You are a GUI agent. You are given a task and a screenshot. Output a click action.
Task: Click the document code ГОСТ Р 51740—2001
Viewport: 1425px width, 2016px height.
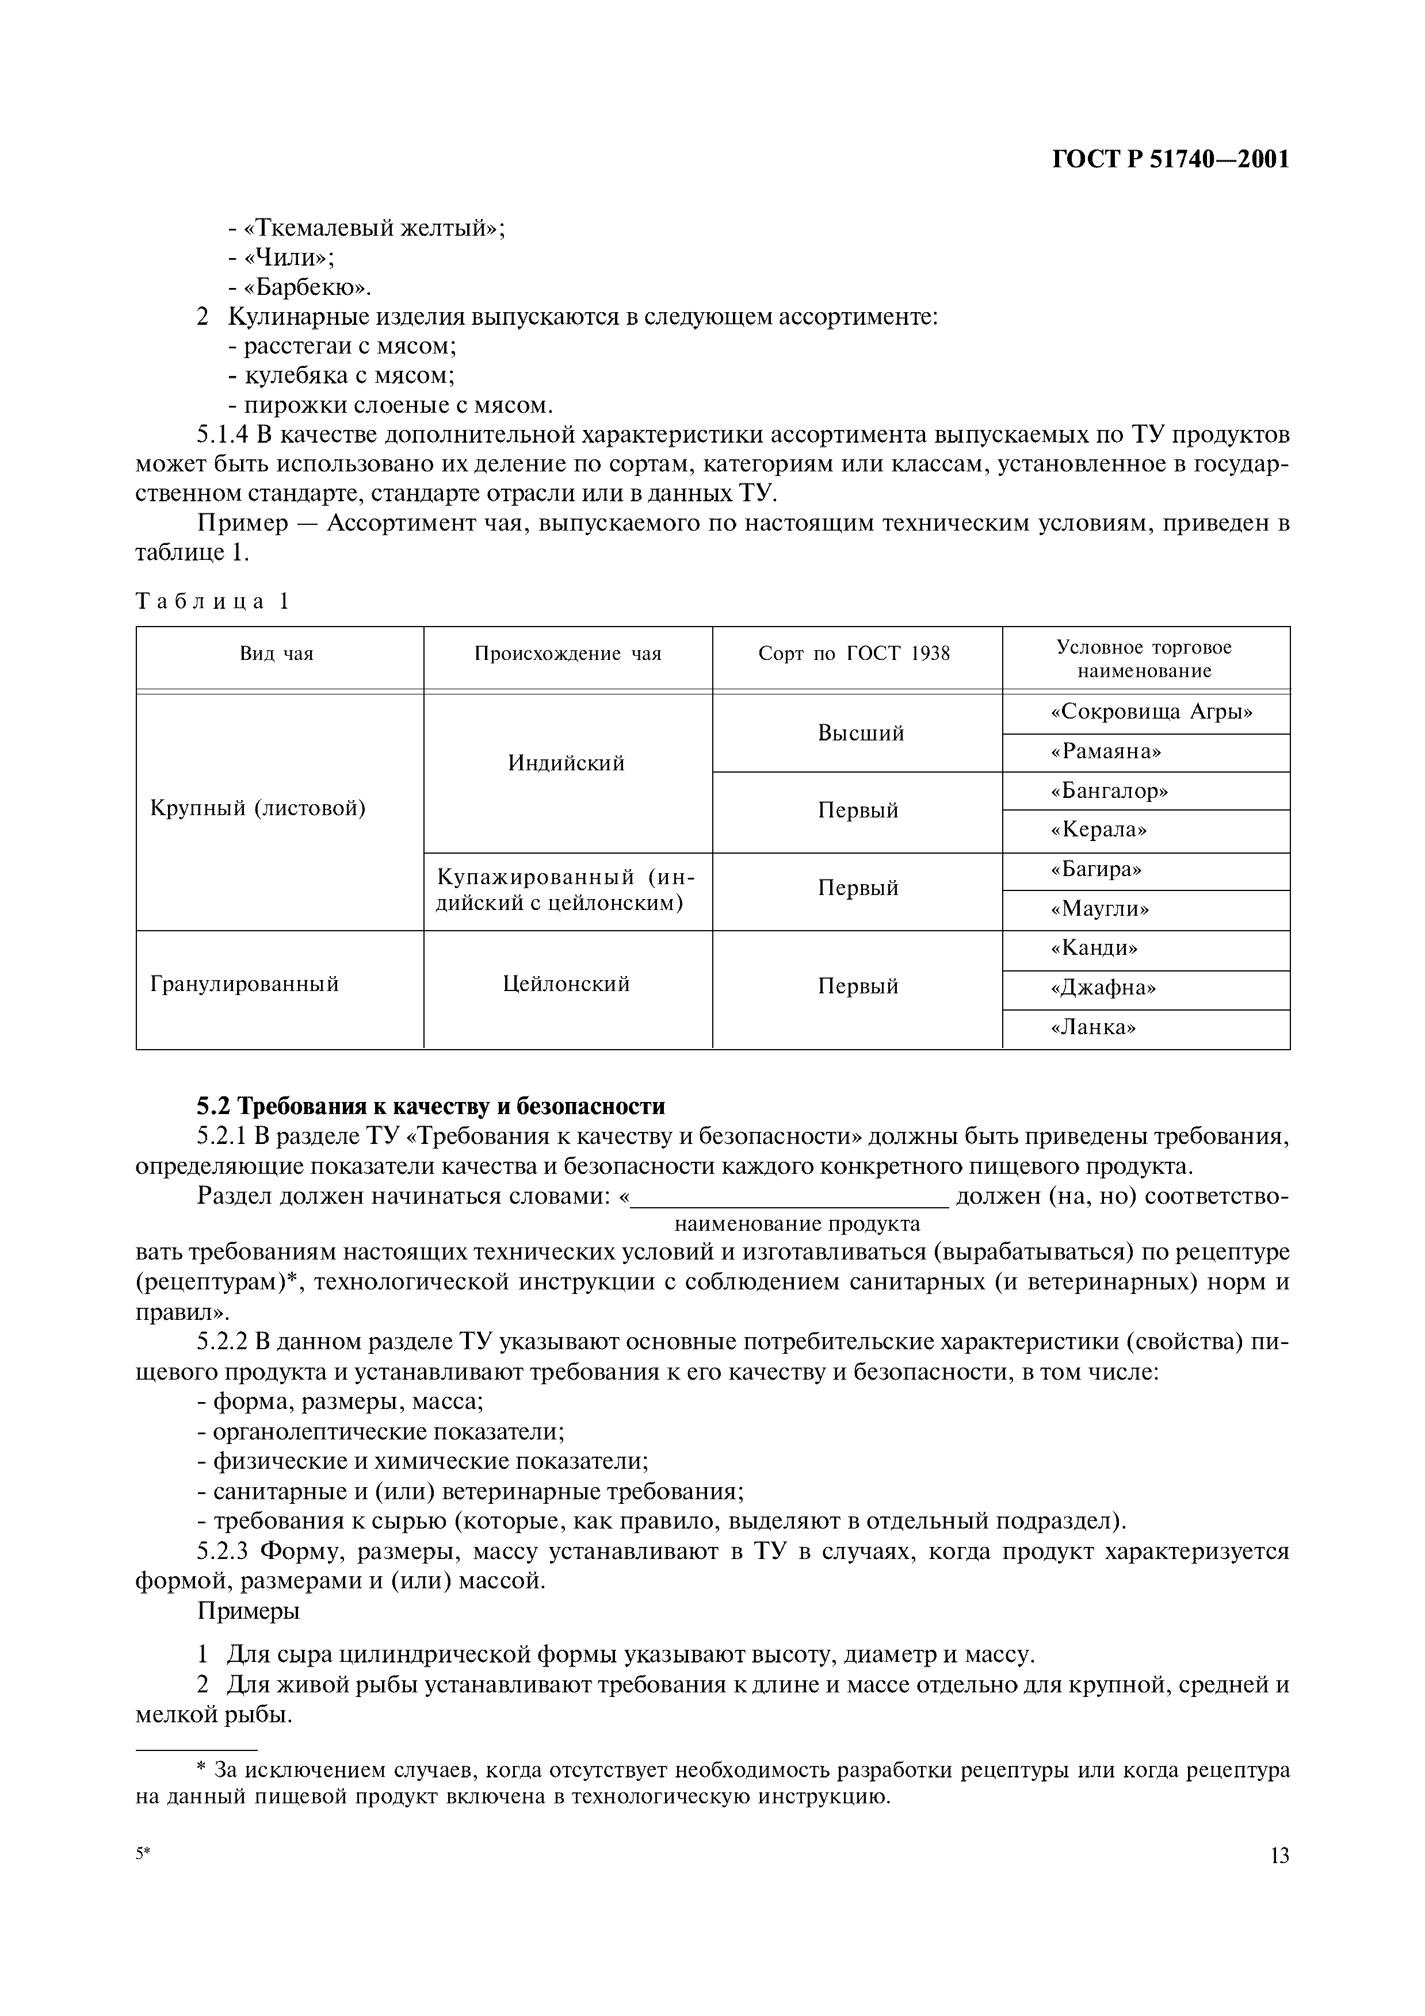(x=1170, y=160)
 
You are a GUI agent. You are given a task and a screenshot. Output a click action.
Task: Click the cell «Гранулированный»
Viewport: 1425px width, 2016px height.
(x=244, y=984)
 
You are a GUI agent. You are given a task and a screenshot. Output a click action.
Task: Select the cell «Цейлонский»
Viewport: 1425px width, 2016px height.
(x=567, y=984)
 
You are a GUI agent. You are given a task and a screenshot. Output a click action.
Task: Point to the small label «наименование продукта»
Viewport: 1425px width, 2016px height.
(x=797, y=1224)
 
